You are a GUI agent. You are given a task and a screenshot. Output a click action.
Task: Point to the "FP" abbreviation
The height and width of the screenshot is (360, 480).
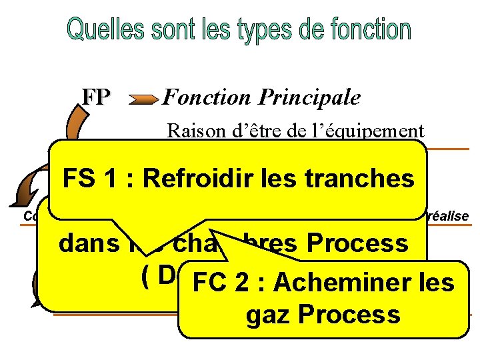pos(96,98)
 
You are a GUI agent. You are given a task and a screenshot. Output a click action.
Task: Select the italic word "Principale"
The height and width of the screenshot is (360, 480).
pos(309,98)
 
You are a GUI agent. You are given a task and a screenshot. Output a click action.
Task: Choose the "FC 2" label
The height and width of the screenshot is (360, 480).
pos(223,283)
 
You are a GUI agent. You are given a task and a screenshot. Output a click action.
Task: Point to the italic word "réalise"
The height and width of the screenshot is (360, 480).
pos(447,215)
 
